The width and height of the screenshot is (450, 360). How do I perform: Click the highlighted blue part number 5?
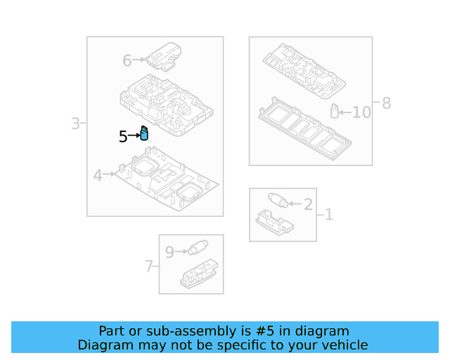tap(144, 133)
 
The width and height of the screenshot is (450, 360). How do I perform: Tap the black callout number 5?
tap(123, 136)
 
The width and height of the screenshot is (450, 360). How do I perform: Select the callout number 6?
tap(127, 61)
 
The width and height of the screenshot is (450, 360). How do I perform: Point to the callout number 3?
tap(75, 124)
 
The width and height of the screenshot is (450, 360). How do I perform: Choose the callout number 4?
tap(98, 175)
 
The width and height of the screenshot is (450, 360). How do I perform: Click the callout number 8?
tap(386, 103)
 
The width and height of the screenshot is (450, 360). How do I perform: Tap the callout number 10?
tap(361, 112)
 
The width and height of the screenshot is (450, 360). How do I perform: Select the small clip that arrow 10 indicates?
tap(335, 111)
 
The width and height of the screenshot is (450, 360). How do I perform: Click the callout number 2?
tap(308, 205)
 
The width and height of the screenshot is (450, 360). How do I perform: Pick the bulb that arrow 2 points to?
tap(278, 200)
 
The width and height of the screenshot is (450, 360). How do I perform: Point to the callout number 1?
tap(329, 214)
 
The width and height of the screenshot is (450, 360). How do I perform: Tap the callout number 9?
tap(169, 252)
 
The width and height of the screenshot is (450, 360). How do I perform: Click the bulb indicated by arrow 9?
tap(198, 247)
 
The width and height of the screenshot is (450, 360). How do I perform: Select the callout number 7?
tap(148, 266)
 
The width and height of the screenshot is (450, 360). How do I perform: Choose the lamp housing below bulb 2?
tap(275, 222)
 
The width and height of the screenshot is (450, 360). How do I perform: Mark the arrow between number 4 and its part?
tap(109, 174)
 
